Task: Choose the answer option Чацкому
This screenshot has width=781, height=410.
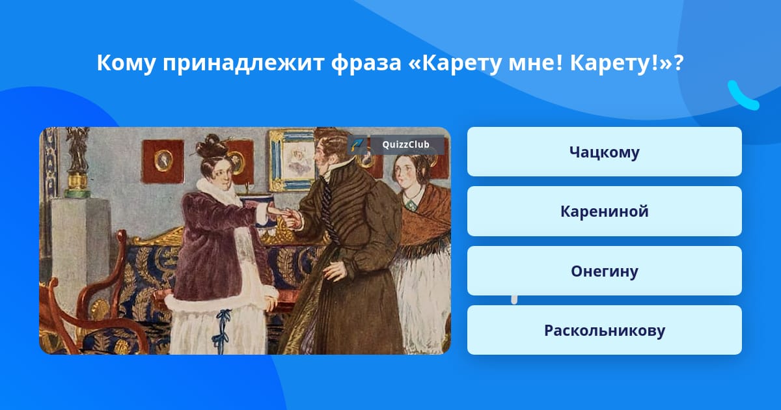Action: point(604,152)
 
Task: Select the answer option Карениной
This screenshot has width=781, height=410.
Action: point(604,212)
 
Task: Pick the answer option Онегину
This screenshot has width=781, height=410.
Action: point(604,271)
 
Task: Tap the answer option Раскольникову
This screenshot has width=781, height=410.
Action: point(604,330)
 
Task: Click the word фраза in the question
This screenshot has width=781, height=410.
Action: point(366,64)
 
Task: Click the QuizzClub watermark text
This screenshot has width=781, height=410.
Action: point(405,144)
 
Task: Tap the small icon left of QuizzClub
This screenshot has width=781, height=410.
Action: point(357,144)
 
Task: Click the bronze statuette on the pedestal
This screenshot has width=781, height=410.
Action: point(77,154)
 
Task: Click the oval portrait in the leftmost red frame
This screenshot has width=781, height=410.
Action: point(163,160)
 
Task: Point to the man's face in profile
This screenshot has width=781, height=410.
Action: point(325,156)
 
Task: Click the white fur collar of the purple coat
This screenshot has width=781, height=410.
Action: point(217,191)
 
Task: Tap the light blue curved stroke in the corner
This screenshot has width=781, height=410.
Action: point(743,96)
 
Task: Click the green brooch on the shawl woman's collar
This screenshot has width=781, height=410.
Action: point(411,204)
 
